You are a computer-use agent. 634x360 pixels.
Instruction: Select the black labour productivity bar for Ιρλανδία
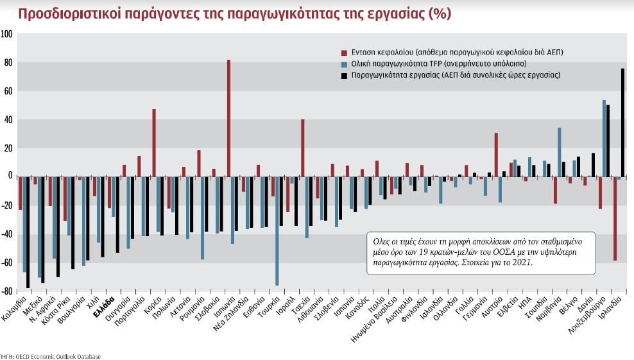(622, 122)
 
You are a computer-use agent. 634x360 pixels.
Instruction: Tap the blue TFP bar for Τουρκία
(277, 230)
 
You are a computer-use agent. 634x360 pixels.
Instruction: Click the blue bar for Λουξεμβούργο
(604, 138)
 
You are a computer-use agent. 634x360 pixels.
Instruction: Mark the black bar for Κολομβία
(28, 232)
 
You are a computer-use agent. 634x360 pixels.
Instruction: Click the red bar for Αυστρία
(496, 154)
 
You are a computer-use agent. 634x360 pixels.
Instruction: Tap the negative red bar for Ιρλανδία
(615, 218)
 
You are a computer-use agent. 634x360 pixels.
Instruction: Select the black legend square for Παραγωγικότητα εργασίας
(344, 76)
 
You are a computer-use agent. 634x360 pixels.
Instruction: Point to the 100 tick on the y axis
(7, 34)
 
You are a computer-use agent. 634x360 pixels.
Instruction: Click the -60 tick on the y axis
(7, 263)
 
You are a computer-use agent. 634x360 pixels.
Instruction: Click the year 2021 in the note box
(523, 262)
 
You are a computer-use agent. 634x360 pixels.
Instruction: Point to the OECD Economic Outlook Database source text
(58, 356)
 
